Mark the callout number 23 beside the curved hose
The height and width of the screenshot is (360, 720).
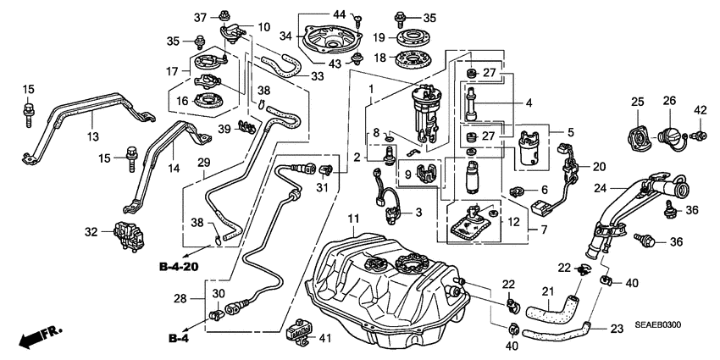coord(616,329)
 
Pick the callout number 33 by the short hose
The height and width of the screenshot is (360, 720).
coord(317,75)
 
